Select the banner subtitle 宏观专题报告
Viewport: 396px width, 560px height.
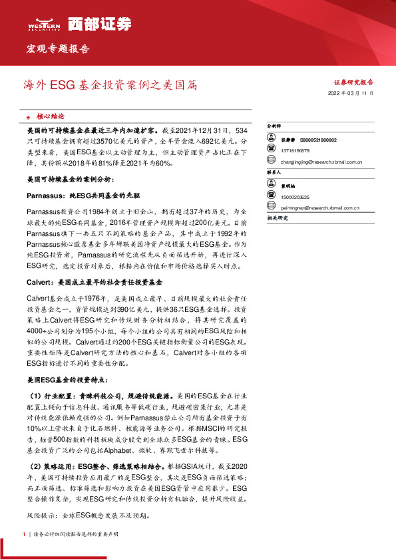click(x=58, y=49)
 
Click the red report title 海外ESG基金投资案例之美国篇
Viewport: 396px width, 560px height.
click(x=110, y=86)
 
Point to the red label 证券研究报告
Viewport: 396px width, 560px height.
click(x=353, y=82)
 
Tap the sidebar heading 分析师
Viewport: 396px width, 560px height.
click(x=274, y=125)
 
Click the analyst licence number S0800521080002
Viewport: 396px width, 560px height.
click(x=313, y=140)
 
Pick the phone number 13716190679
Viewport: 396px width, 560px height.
click(x=296, y=150)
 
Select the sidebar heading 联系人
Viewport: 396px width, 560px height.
click(x=274, y=172)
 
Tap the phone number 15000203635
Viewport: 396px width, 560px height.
click(x=296, y=197)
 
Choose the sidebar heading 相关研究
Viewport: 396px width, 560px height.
click(x=276, y=217)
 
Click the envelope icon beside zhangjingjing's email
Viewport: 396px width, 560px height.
click(x=271, y=160)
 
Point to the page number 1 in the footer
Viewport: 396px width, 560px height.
click(x=24, y=534)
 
